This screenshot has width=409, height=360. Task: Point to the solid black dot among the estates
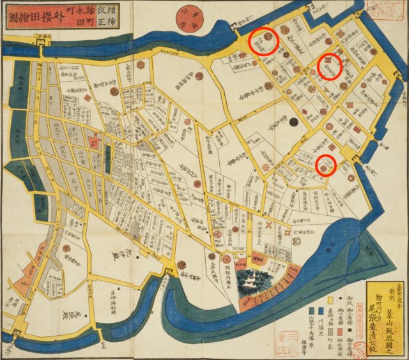294,121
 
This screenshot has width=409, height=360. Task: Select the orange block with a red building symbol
258,258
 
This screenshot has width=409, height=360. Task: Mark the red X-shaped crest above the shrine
269,225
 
